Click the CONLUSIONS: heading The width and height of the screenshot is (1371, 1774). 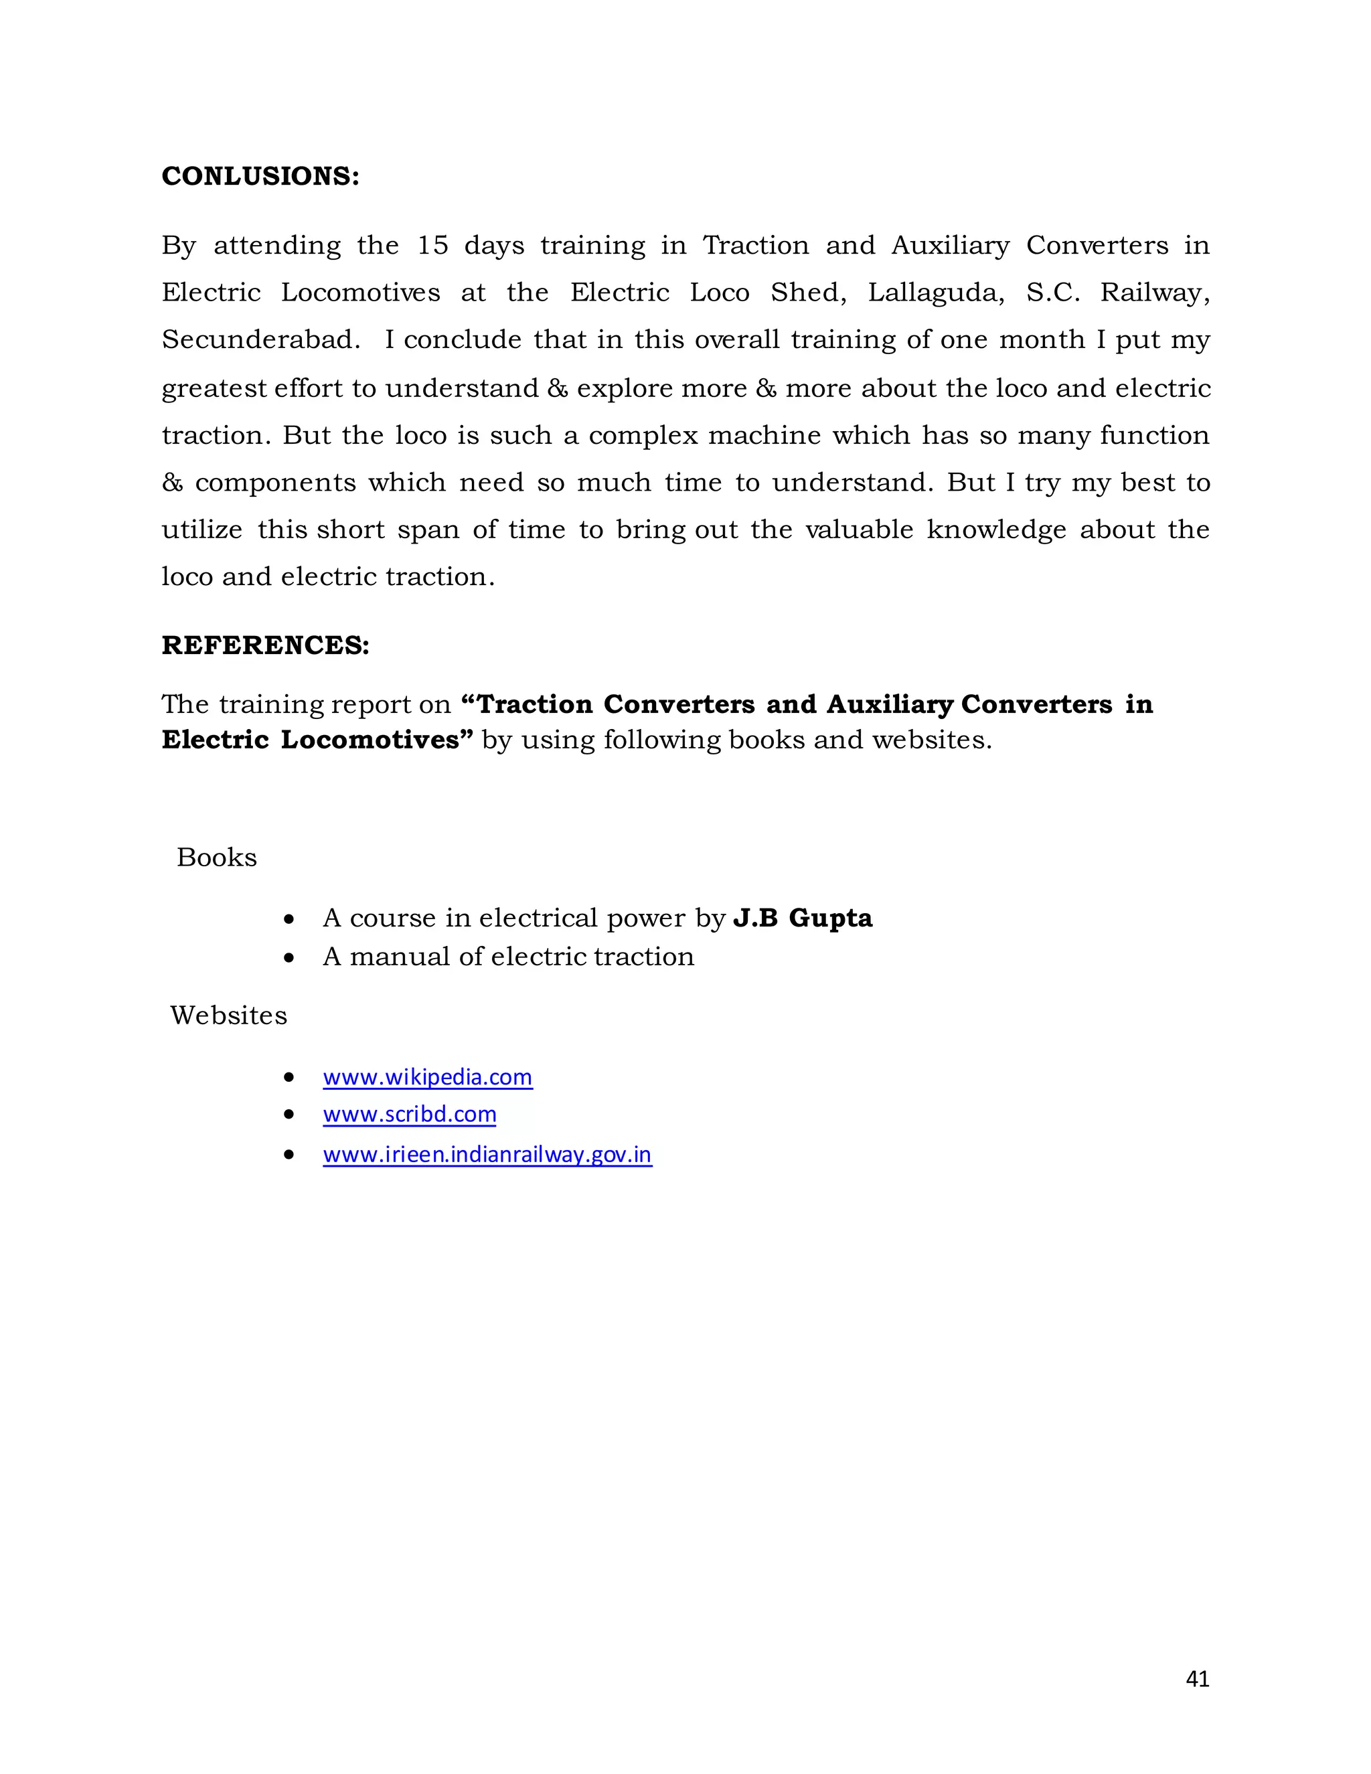click(x=260, y=176)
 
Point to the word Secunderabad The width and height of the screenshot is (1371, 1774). click(x=260, y=339)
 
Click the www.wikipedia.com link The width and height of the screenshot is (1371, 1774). click(x=427, y=1077)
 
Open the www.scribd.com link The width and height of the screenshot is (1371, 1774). click(x=409, y=1115)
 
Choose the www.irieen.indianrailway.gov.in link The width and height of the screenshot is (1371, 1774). click(x=487, y=1154)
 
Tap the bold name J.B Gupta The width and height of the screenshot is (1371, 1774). click(x=803, y=918)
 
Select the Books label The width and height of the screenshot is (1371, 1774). click(x=217, y=858)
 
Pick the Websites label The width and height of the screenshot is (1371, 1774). click(x=229, y=1016)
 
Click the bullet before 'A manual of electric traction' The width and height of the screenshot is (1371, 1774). click(x=289, y=959)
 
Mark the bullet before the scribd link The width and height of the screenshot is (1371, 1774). click(x=289, y=1115)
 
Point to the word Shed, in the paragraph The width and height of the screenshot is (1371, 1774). click(x=807, y=293)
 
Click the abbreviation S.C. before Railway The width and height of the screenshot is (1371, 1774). click(x=1052, y=293)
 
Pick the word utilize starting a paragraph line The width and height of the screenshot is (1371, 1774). click(x=202, y=530)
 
